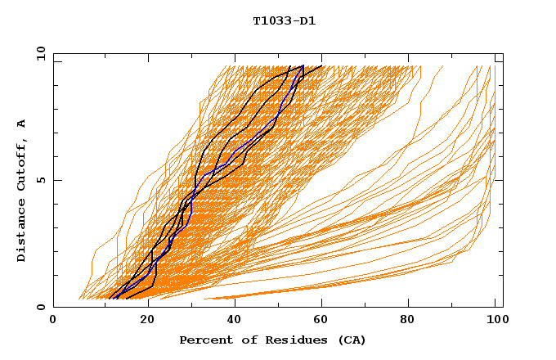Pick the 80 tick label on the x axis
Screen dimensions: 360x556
[x=411, y=321]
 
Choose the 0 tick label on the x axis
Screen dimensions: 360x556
[x=53, y=321]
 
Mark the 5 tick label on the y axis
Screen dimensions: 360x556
[x=39, y=180]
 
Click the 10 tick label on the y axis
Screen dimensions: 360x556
[x=39, y=53]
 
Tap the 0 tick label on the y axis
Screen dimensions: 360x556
[x=39, y=307]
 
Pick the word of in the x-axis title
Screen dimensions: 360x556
[x=243, y=340]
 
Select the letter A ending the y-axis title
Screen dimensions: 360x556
[x=21, y=124]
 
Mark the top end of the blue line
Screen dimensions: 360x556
[x=303, y=66]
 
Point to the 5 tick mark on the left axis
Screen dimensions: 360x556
[x=56, y=180]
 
